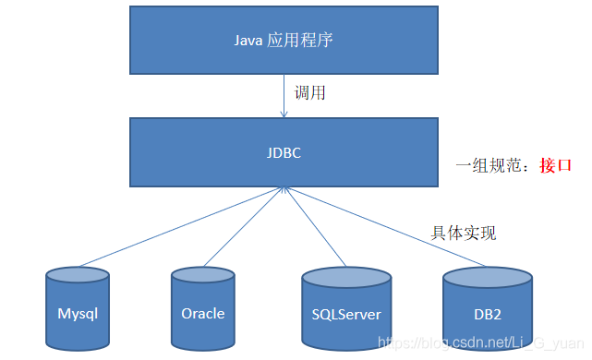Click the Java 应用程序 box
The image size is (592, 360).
(x=283, y=41)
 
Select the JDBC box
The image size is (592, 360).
(x=283, y=152)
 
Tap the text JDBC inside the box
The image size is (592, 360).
(x=283, y=152)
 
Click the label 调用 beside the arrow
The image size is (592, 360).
(x=308, y=93)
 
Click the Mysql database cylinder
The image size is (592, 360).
(x=78, y=311)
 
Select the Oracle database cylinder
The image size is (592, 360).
(x=203, y=311)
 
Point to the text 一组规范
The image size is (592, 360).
(x=489, y=166)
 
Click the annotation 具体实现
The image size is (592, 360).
(x=464, y=233)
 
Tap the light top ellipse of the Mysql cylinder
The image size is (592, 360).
(x=78, y=276)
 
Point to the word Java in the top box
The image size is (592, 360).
(x=247, y=41)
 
